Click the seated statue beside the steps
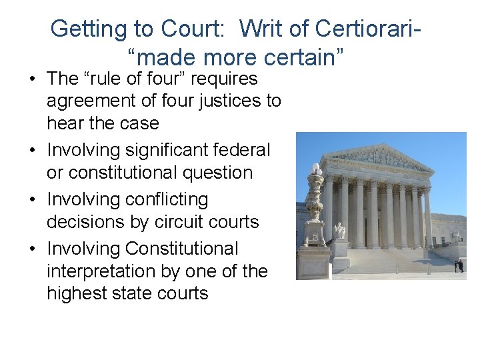click(341, 230)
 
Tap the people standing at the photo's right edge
click(459, 265)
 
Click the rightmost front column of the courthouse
click(427, 217)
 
